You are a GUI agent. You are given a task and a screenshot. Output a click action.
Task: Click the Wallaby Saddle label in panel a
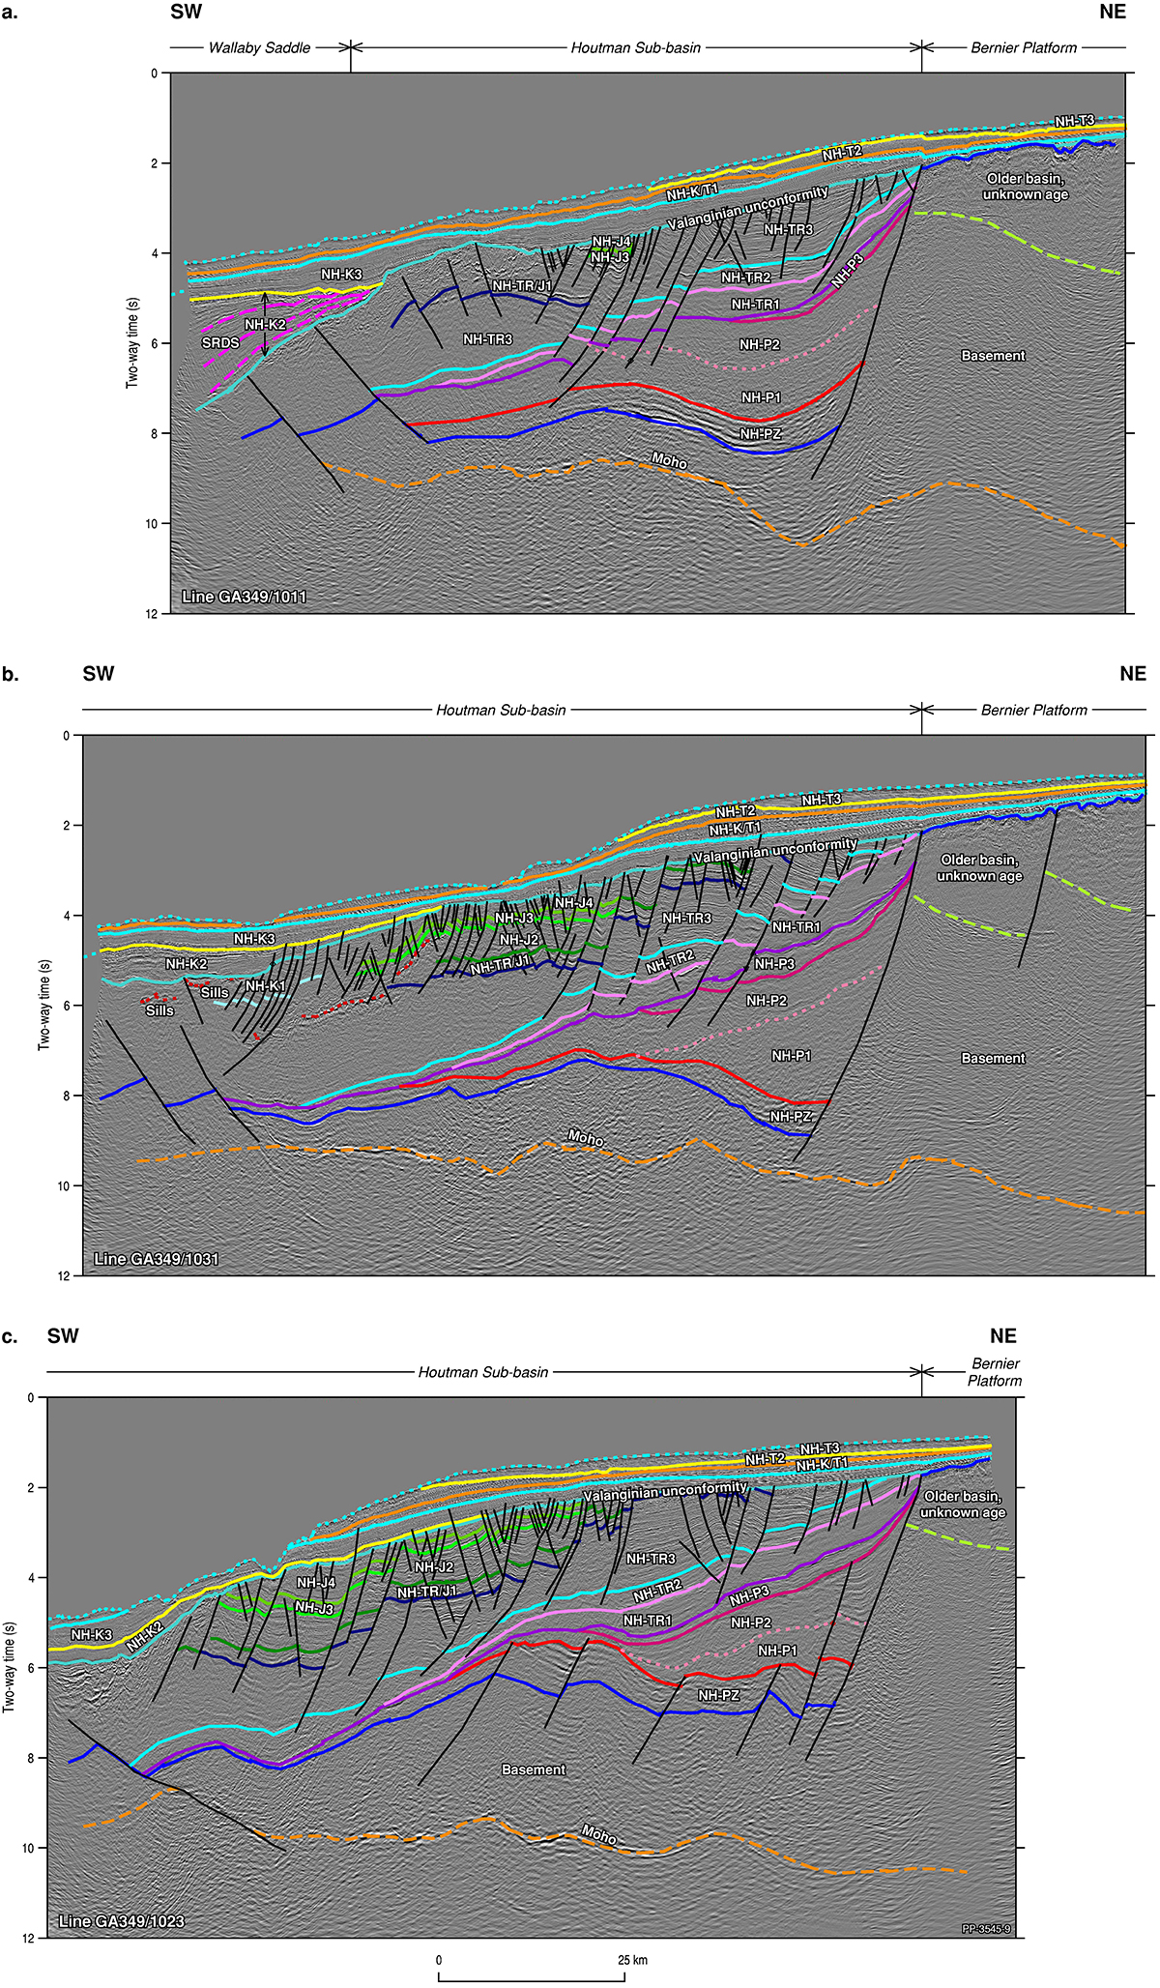click(x=259, y=47)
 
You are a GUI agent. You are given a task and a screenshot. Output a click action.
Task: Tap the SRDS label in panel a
click(x=220, y=342)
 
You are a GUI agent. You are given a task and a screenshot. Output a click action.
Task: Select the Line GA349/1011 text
click(x=245, y=597)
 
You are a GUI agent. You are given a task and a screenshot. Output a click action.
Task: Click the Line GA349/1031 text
click(x=157, y=1259)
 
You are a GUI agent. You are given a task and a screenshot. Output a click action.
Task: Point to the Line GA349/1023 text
click(x=122, y=1920)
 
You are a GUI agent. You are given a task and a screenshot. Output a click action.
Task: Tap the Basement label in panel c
click(x=534, y=1769)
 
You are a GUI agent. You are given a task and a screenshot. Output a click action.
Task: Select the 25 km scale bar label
click(x=633, y=1961)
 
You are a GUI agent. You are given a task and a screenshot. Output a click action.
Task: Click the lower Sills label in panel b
click(x=159, y=1010)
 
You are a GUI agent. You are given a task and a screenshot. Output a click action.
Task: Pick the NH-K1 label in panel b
click(x=265, y=986)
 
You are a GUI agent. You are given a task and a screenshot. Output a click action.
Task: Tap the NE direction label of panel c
click(x=1002, y=1336)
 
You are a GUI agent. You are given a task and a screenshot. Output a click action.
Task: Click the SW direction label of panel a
click(x=186, y=12)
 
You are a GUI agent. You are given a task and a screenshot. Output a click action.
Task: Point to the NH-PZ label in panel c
click(x=718, y=1696)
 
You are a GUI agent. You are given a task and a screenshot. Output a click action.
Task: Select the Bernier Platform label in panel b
click(x=1033, y=710)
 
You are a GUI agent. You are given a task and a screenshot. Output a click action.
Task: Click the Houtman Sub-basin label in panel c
click(x=482, y=1372)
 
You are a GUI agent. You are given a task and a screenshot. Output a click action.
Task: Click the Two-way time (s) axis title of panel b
click(x=43, y=1005)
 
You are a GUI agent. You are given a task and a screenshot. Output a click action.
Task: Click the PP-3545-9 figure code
click(x=986, y=1929)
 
